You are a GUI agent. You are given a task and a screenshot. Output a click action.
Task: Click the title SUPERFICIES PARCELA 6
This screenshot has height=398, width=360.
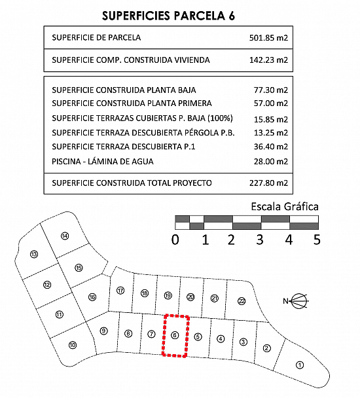pyautogui.click(x=168, y=16)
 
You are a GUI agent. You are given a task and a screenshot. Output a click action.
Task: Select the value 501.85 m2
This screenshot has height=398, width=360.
pyautogui.click(x=268, y=38)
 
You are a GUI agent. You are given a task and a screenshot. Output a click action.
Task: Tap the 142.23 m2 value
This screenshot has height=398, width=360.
pyautogui.click(x=268, y=60)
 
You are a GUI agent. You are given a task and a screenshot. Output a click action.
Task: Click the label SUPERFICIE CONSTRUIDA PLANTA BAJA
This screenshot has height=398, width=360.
pyautogui.click(x=124, y=90)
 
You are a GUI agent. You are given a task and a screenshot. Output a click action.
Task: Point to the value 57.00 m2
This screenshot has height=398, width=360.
pyautogui.click(x=271, y=103)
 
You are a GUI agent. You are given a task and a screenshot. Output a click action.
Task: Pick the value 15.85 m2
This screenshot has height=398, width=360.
pyautogui.click(x=271, y=119)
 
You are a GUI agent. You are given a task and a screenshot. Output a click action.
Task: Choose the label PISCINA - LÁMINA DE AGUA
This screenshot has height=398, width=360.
pyautogui.click(x=103, y=162)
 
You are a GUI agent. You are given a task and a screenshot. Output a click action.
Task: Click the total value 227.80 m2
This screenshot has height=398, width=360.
pyautogui.click(x=268, y=183)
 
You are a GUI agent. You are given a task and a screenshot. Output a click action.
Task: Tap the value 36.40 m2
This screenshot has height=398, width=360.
pyautogui.click(x=271, y=147)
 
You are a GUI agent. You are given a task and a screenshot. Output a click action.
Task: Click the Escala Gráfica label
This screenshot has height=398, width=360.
pyautogui.click(x=285, y=207)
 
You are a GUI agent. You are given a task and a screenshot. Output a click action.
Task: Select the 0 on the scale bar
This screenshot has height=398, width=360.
pyautogui.click(x=175, y=240)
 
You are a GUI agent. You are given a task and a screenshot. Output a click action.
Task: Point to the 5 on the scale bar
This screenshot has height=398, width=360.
pyautogui.click(x=317, y=240)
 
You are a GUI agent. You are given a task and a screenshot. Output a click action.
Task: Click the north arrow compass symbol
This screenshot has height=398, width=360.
pyautogui.click(x=296, y=301)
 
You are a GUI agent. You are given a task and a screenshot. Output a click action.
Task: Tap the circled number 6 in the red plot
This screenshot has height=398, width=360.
pyautogui.click(x=175, y=335)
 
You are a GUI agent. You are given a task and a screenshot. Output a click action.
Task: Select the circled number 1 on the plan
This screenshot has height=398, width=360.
pyautogui.click(x=300, y=365)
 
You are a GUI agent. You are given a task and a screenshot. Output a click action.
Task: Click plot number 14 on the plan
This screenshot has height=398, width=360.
pyautogui.click(x=65, y=236)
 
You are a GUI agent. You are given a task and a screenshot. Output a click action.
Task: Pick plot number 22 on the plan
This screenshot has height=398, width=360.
pyautogui.click(x=242, y=301)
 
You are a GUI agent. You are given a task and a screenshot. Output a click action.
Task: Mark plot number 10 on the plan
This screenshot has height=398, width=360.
pyautogui.click(x=73, y=345)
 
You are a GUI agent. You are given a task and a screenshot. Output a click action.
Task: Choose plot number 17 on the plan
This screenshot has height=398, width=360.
pyautogui.click(x=120, y=291)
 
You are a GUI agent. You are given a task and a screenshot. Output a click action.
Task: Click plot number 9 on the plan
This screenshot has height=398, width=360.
pyautogui.click(x=103, y=331)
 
